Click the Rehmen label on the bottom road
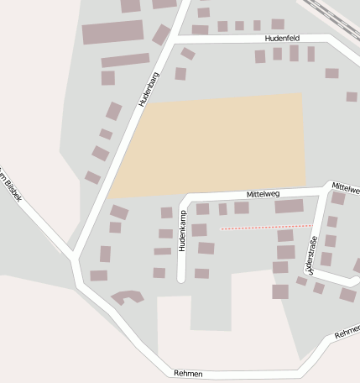188,372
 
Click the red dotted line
266,227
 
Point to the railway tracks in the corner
337,12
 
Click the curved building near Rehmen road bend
127,296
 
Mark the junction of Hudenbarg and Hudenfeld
176,39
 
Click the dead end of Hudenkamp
180,278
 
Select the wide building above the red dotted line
289,206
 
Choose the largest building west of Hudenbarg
112,32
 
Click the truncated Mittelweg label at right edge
345,187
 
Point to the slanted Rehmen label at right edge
347,333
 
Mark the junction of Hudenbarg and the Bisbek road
74,256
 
